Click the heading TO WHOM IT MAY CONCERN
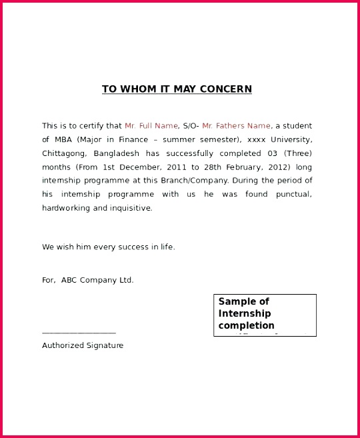tap(177, 89)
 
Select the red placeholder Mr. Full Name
tap(151, 126)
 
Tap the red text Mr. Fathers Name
tap(236, 126)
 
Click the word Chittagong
tap(63, 153)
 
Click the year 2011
tap(175, 167)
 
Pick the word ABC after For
tap(69, 280)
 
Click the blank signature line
tap(79, 332)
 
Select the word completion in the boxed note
tap(246, 326)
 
